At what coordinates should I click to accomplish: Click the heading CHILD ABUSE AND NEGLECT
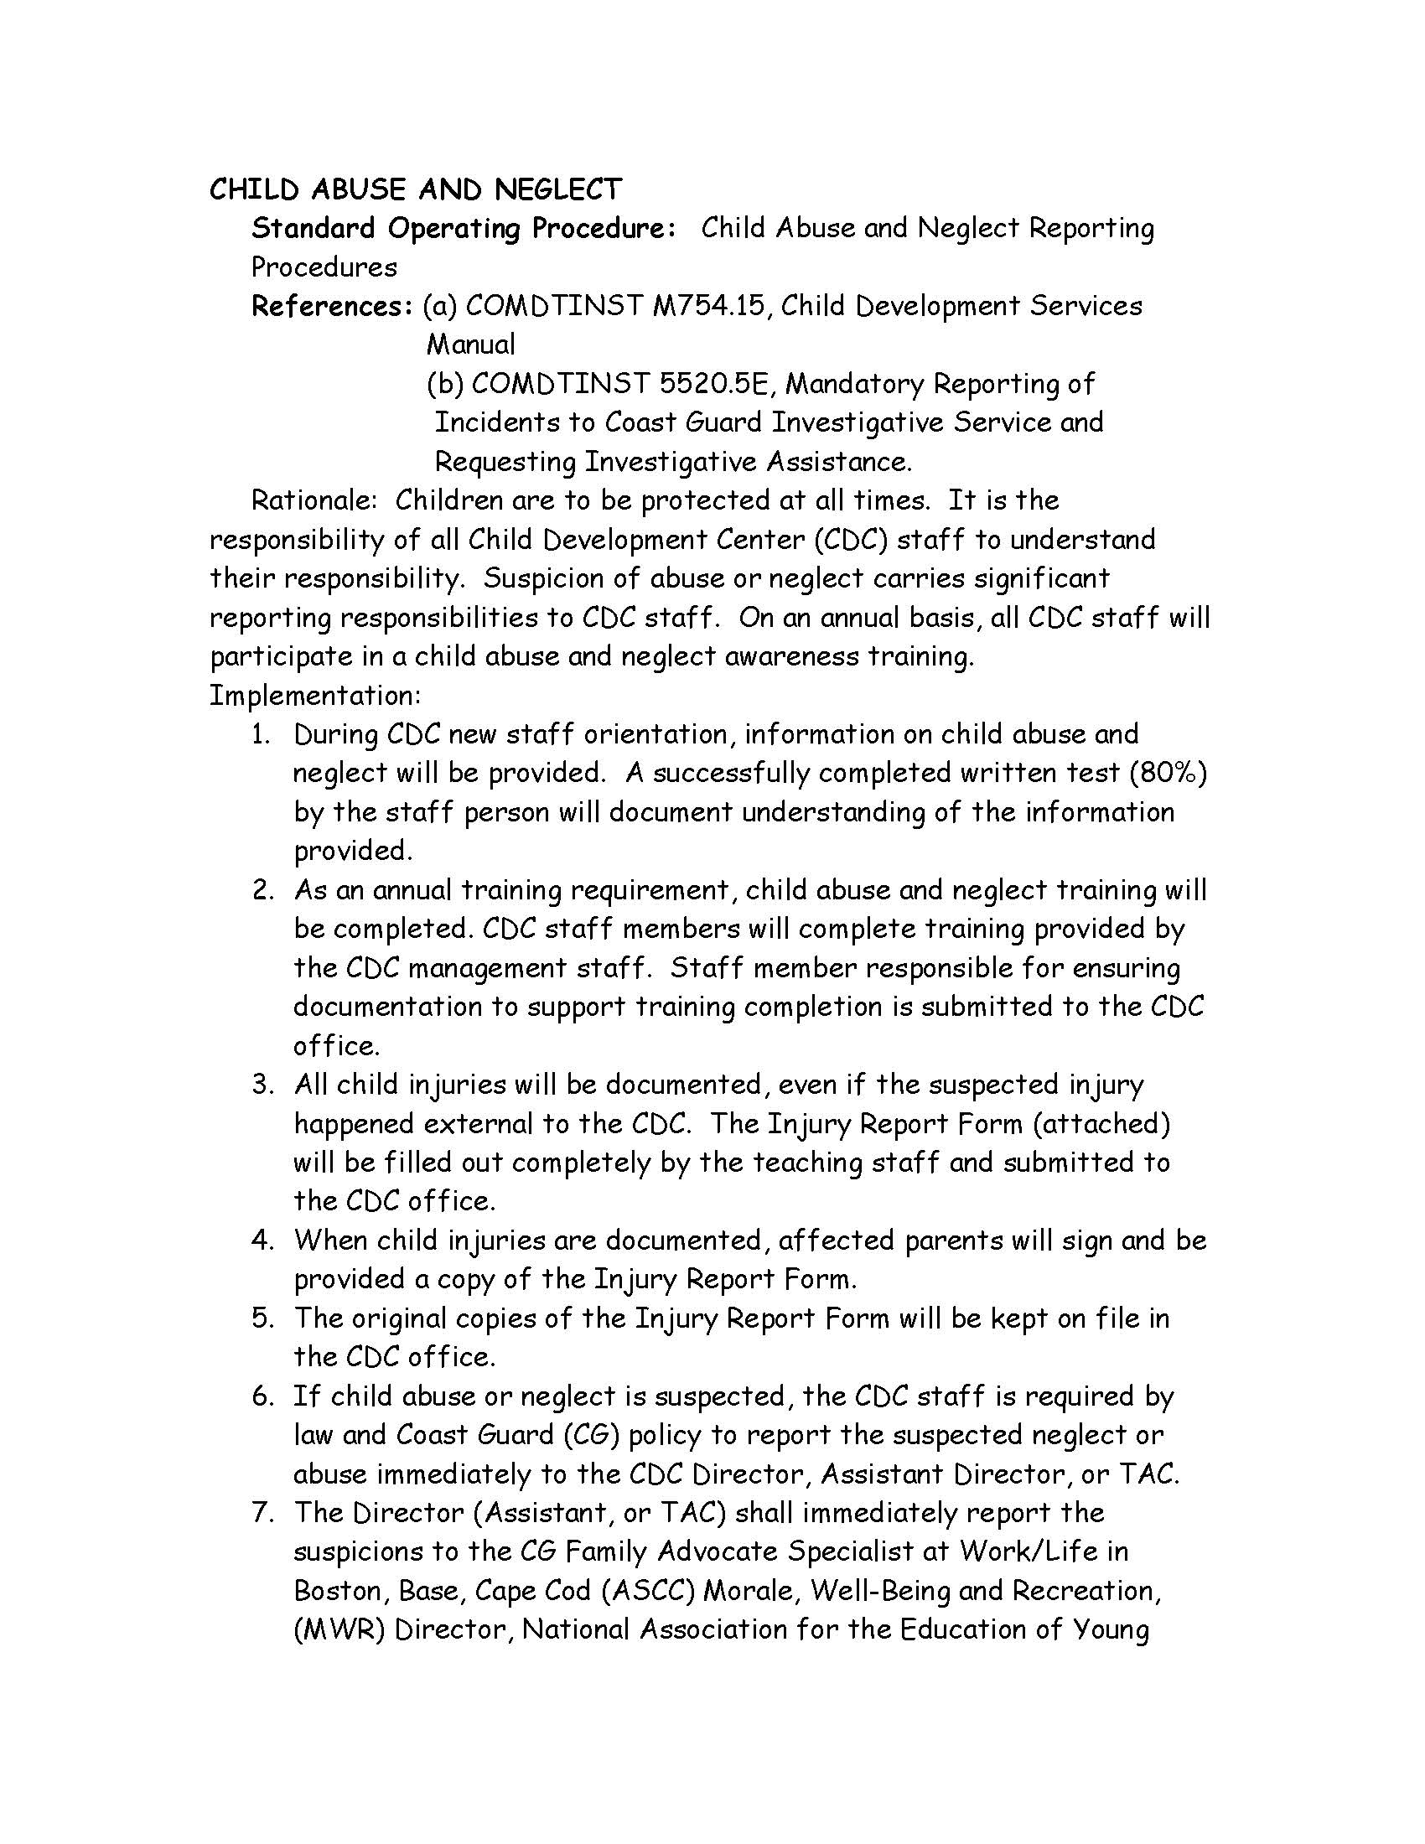(415, 189)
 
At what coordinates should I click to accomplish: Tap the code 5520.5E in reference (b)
(715, 384)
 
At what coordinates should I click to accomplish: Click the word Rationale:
(314, 500)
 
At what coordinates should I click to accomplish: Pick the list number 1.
(261, 734)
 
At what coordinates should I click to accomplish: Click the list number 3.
(261, 1085)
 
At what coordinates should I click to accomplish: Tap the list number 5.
(262, 1318)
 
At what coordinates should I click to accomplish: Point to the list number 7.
(262, 1513)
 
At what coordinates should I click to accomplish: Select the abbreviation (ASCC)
(648, 1591)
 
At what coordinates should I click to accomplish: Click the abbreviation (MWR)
(339, 1629)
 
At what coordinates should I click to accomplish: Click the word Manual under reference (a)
(471, 344)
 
